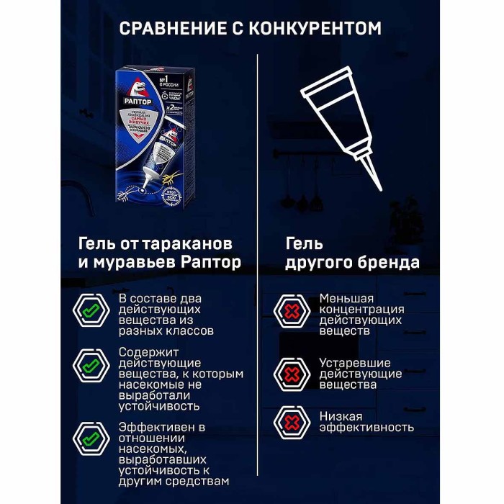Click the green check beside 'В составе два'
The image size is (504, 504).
[x=90, y=310]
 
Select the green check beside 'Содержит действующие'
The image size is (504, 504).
[x=90, y=366]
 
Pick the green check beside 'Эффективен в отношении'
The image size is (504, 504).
[x=90, y=437]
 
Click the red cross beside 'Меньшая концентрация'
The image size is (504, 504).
[x=292, y=310]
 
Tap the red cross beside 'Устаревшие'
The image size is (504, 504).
[x=292, y=374]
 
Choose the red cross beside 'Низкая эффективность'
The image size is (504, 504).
[x=292, y=421]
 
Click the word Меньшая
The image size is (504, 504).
[x=347, y=298]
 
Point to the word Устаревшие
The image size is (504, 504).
[x=355, y=363]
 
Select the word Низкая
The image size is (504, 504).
[x=341, y=416]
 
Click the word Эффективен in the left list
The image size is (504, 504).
[x=153, y=426]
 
